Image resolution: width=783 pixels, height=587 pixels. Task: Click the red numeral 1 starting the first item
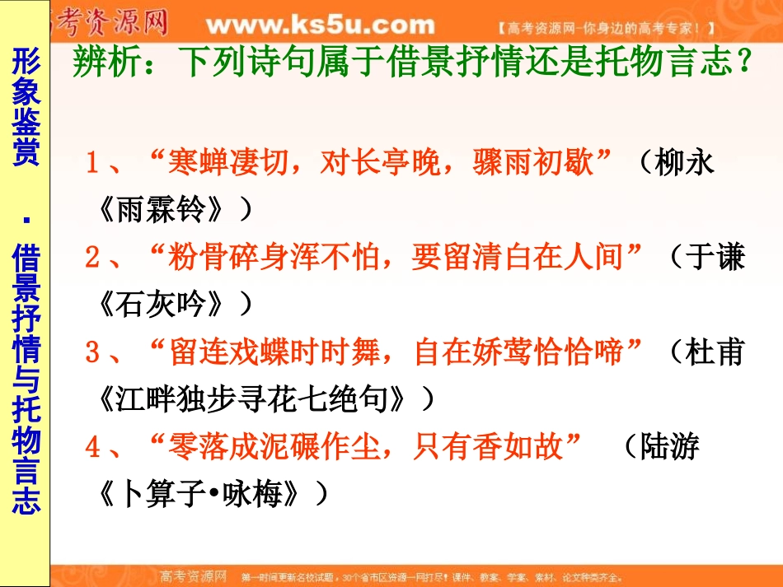point(92,163)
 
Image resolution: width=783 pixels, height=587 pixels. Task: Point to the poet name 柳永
point(683,163)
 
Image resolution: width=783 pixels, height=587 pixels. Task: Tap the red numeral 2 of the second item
point(92,259)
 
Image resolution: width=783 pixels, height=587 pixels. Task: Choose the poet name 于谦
point(714,259)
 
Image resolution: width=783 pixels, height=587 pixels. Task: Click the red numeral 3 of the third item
point(92,353)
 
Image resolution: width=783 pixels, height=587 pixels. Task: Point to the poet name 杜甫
point(714,353)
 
